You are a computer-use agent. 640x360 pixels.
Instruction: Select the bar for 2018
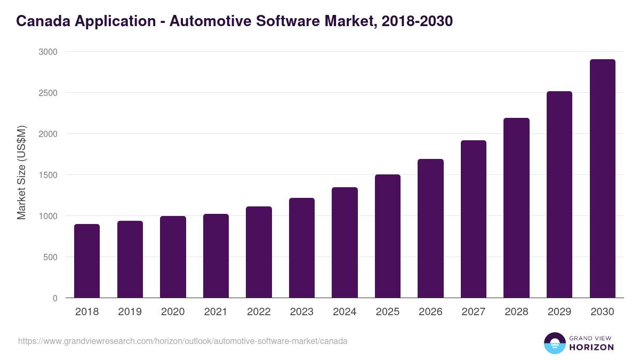point(87,261)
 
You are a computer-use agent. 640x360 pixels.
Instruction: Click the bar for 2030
point(602,179)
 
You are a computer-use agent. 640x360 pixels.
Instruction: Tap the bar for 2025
point(388,236)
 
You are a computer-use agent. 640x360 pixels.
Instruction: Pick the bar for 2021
point(216,256)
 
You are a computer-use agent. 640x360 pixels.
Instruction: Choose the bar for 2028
point(516,208)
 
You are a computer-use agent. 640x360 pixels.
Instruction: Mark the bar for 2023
point(302,248)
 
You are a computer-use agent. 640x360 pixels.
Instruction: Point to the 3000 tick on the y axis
point(47,52)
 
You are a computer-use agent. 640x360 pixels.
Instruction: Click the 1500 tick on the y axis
point(47,175)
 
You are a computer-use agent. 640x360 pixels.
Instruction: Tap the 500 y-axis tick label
point(50,257)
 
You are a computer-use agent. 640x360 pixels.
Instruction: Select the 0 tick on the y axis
point(55,298)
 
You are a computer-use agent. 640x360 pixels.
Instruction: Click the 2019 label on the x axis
point(130,312)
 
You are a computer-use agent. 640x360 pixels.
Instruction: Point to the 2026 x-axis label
point(430,312)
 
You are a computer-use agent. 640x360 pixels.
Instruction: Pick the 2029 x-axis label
point(559,312)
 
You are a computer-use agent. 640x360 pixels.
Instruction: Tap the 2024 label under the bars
point(345,312)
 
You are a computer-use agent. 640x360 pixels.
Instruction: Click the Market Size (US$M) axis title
point(21,172)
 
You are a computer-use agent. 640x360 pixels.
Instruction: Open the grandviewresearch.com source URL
point(182,341)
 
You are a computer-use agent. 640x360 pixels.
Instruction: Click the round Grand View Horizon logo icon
point(555,343)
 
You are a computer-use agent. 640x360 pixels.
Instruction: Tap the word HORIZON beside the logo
point(591,347)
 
